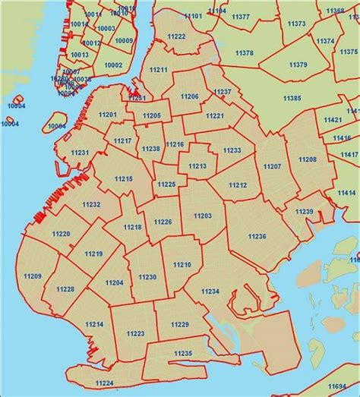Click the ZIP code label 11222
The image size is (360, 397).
tap(176, 36)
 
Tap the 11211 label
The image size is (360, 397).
tap(159, 70)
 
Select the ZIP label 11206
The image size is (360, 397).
tap(190, 96)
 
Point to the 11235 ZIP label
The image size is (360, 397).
tap(183, 354)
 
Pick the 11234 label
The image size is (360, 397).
tap(210, 291)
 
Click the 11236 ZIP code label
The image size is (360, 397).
tap(257, 237)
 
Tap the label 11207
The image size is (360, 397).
tap(272, 165)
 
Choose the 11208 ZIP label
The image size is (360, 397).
tap(308, 159)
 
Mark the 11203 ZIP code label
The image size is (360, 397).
tap(203, 216)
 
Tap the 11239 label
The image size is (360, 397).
tap(304, 211)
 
